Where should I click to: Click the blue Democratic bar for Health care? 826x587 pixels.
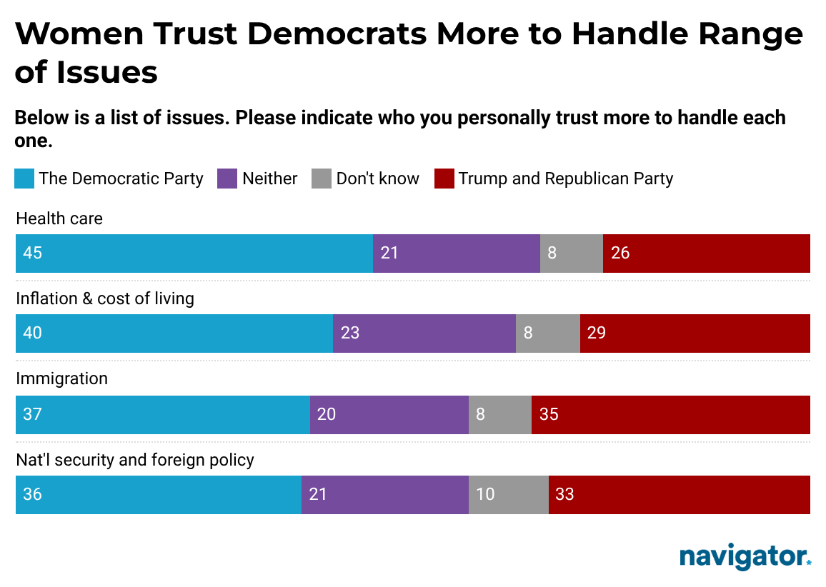click(x=194, y=254)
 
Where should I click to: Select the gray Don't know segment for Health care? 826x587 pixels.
click(x=571, y=254)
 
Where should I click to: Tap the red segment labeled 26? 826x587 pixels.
click(x=706, y=254)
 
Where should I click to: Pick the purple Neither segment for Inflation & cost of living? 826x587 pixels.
click(x=424, y=333)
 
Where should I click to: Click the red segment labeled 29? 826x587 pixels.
click(x=695, y=333)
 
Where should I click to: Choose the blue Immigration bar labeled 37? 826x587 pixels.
click(x=162, y=415)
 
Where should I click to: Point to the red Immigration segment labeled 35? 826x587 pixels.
click(x=670, y=415)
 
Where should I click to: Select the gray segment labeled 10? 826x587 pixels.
click(x=508, y=495)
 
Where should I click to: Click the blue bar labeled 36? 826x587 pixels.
click(x=158, y=495)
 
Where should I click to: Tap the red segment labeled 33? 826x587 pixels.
click(x=679, y=495)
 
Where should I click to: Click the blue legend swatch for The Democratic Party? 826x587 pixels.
click(x=24, y=179)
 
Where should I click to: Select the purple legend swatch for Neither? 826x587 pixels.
click(x=227, y=179)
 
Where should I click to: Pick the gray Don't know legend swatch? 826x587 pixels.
click(x=322, y=179)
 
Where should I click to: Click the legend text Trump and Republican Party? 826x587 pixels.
click(x=565, y=179)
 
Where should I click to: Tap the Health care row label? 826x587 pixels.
click(x=59, y=219)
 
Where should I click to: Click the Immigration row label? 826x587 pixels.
click(x=61, y=378)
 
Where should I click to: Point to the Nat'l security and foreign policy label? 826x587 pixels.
click(x=135, y=459)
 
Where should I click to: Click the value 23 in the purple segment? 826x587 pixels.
click(x=350, y=333)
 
